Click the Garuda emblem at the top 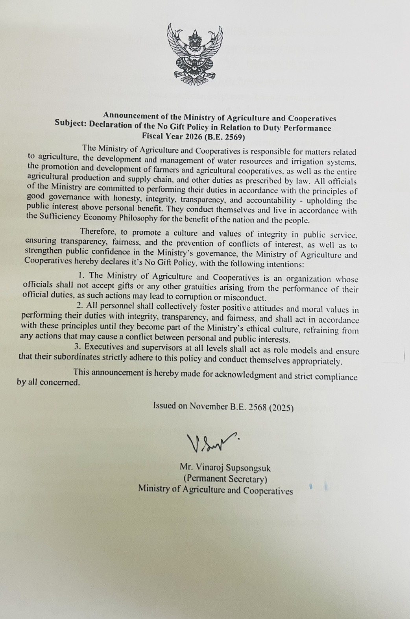[x=194, y=54]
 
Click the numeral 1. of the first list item [x=82, y=276]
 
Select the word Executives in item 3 [x=103, y=347]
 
